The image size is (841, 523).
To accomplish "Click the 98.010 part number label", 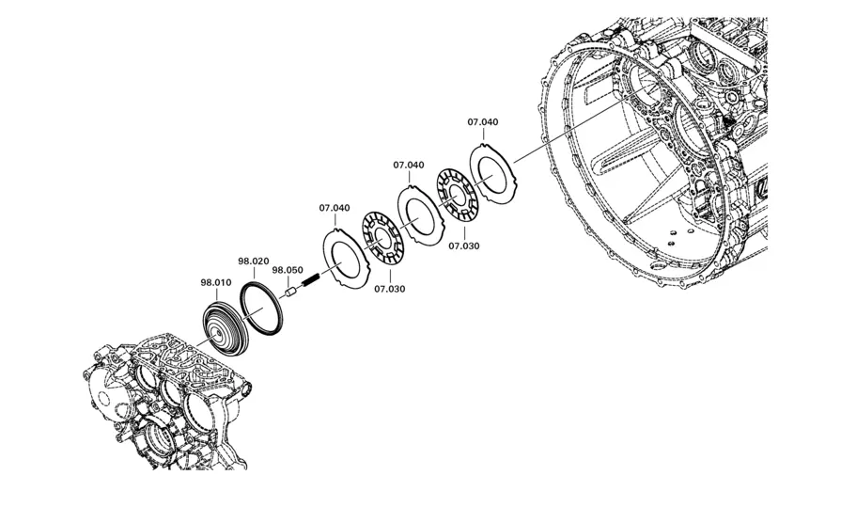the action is pos(216,282).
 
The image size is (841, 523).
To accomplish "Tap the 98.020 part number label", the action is pos(253,261).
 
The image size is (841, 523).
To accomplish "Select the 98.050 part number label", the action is pos(288,270).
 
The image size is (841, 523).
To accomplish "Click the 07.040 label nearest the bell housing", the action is pos(483,122).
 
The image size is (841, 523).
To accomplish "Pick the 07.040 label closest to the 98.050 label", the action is pos(335,208).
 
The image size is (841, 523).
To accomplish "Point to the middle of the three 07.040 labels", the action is pos(409,165).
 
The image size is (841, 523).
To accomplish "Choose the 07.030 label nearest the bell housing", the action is pos(464,246).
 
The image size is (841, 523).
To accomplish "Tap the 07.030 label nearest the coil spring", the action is pos(390,289).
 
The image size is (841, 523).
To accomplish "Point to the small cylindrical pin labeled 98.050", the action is pos(290,293).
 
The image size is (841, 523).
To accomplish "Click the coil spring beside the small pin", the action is pos(311,279).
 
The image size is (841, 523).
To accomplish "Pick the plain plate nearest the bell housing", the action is pos(492,172).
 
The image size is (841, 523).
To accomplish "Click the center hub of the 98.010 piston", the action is pos(217,335).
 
